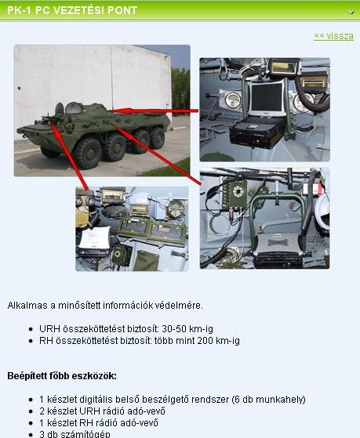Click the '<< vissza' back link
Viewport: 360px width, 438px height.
click(x=333, y=36)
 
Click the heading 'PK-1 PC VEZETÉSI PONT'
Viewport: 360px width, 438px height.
click(x=72, y=10)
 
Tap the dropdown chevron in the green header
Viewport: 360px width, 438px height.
click(x=351, y=12)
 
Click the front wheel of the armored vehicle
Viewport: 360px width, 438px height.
click(x=87, y=154)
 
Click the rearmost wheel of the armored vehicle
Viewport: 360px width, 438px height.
click(x=157, y=138)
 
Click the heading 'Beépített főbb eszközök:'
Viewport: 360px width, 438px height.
click(x=62, y=376)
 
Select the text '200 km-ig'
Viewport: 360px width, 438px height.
click(x=219, y=341)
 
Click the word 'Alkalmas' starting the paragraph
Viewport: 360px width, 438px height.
click(x=27, y=306)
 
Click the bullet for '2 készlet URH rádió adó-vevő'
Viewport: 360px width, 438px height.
click(x=31, y=411)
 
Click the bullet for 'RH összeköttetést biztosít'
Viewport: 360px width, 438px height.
click(x=31, y=341)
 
